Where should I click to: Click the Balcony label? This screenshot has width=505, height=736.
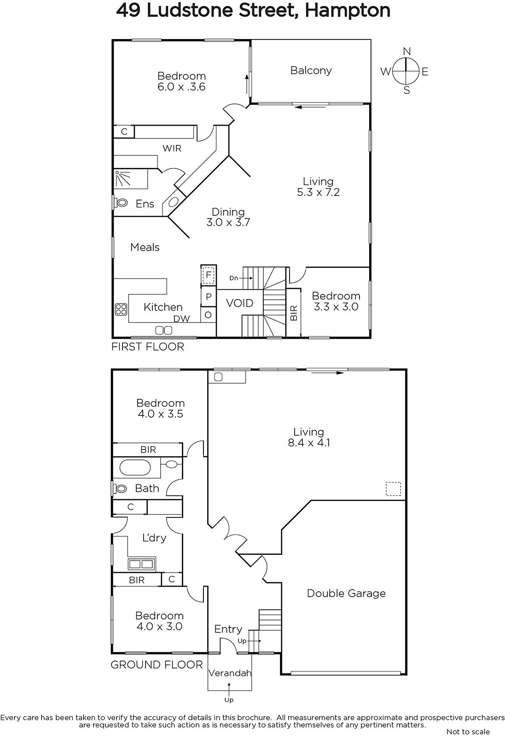point(311,71)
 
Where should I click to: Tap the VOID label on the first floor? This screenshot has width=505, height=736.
point(240,303)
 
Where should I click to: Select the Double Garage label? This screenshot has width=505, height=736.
point(346,593)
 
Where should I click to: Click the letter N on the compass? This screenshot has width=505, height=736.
point(406,51)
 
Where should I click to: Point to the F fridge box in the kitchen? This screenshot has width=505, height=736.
point(209,274)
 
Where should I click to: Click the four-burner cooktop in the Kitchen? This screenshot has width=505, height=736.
point(121,309)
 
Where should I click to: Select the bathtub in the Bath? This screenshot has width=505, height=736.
point(135,468)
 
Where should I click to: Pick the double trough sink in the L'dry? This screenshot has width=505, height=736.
point(141,564)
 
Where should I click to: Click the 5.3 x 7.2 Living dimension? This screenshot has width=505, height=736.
point(318,192)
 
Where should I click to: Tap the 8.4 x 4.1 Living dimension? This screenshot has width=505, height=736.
point(309,443)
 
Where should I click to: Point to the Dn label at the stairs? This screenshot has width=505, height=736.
point(234,278)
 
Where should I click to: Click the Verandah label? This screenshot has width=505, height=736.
point(230,673)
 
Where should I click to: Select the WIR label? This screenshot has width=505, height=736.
point(172,149)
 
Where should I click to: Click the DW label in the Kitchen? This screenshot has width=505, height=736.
point(182,318)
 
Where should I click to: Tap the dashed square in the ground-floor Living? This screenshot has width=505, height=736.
point(393,489)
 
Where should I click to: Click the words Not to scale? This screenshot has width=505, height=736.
point(468,731)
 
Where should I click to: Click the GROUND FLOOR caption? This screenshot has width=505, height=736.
point(157,665)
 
